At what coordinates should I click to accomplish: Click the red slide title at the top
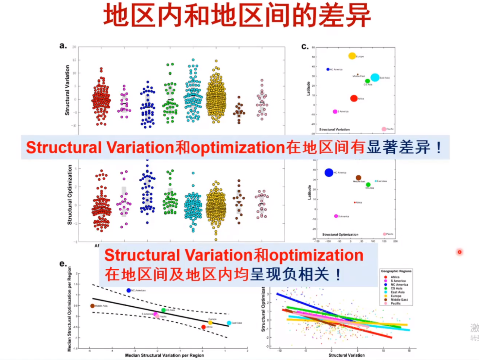[x=237, y=16]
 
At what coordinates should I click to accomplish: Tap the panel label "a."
[x=63, y=46]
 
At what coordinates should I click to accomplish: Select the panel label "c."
[x=305, y=46]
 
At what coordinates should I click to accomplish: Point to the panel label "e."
[x=63, y=263]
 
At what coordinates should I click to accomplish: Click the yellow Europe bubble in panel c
[x=352, y=56]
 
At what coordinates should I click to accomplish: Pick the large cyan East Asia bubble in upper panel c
[x=375, y=78]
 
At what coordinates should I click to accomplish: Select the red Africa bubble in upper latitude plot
[x=354, y=98]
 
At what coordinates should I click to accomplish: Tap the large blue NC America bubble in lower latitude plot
[x=329, y=172]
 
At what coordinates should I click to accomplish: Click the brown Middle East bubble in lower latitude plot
[x=358, y=178]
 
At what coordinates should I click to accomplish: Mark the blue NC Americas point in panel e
[x=129, y=290]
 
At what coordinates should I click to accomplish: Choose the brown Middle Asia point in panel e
[x=92, y=306]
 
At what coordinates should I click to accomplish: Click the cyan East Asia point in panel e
[x=229, y=323]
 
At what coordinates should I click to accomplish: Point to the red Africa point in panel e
[x=204, y=327]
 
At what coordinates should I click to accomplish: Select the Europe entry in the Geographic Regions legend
[x=396, y=296]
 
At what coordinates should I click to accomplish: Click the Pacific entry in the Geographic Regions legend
[x=395, y=304]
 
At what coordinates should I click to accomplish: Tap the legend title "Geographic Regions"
[x=396, y=271]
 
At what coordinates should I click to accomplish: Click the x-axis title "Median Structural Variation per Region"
[x=164, y=355]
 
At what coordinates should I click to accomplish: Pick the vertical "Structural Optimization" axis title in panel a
[x=70, y=195]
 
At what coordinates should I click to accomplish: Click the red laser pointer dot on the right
[x=459, y=252]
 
